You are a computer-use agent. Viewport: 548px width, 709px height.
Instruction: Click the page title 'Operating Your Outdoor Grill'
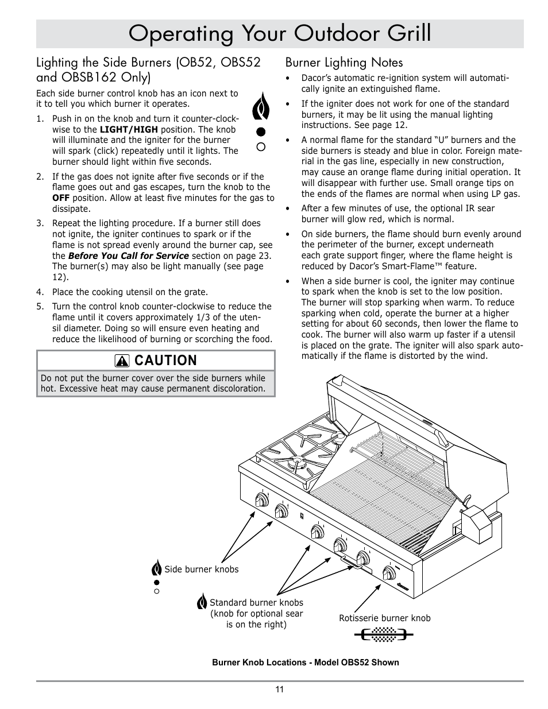[280, 34]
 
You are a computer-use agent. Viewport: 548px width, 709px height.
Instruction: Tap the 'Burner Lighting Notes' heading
[344, 62]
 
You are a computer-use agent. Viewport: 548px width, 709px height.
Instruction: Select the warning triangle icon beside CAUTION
[122, 361]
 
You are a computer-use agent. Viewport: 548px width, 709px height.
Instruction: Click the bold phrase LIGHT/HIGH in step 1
[129, 129]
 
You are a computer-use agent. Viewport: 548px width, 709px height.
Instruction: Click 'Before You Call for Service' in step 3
[128, 255]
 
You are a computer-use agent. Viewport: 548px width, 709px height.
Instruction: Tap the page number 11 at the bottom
[279, 689]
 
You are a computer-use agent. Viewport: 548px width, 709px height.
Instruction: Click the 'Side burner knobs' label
[201, 569]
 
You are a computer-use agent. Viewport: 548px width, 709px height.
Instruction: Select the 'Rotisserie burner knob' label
[384, 618]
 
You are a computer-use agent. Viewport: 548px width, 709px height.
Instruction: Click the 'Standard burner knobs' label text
[256, 603]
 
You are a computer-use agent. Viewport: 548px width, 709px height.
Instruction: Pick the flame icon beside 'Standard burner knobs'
[202, 602]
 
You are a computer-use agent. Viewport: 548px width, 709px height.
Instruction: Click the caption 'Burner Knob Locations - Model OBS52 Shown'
[305, 662]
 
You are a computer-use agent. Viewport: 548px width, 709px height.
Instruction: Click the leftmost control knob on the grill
[262, 501]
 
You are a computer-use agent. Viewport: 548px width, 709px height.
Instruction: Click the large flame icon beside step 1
[260, 106]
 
